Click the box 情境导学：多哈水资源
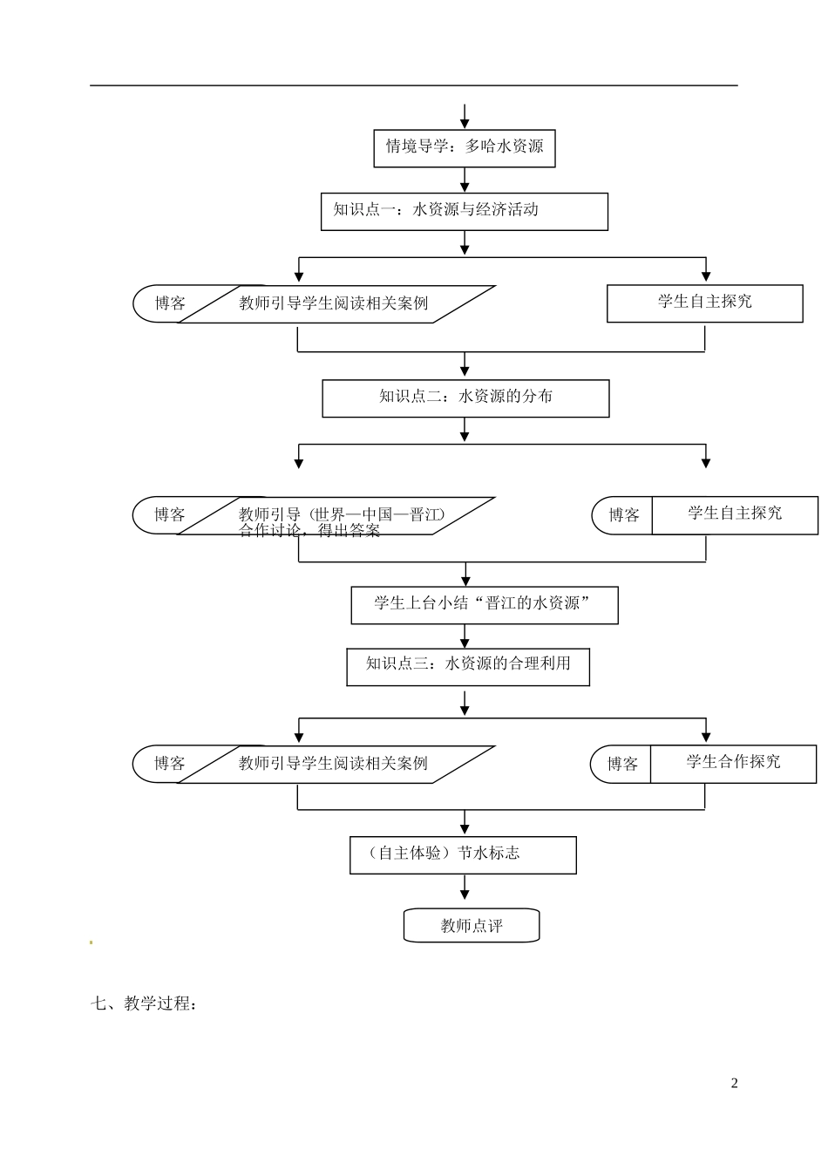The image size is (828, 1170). [464, 146]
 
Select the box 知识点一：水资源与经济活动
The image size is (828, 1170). [464, 211]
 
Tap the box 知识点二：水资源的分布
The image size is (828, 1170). [465, 398]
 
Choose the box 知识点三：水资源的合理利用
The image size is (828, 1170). [468, 665]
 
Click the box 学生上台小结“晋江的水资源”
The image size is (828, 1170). [484, 604]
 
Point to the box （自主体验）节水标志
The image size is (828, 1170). [463, 854]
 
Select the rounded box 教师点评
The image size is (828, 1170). [472, 926]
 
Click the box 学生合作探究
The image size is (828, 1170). [733, 763]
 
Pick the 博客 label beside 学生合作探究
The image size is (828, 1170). [622, 765]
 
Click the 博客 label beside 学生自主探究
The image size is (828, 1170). [623, 515]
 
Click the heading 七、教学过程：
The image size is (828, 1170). [144, 1003]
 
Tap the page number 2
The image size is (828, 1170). [734, 1084]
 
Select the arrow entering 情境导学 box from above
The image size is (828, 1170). [465, 117]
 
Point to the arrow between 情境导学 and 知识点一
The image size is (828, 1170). [465, 180]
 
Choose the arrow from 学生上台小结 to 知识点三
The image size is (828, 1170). [465, 636]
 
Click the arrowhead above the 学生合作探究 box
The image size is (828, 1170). [706, 735]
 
